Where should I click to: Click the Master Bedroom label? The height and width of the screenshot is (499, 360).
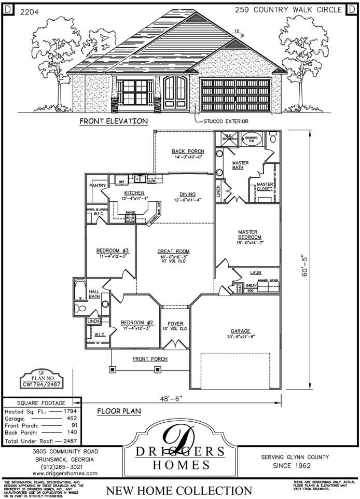click(247, 234)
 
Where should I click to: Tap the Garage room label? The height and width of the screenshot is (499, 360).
click(241, 331)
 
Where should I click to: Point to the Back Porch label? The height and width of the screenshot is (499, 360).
click(187, 151)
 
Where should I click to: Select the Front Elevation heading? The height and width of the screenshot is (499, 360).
click(114, 121)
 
